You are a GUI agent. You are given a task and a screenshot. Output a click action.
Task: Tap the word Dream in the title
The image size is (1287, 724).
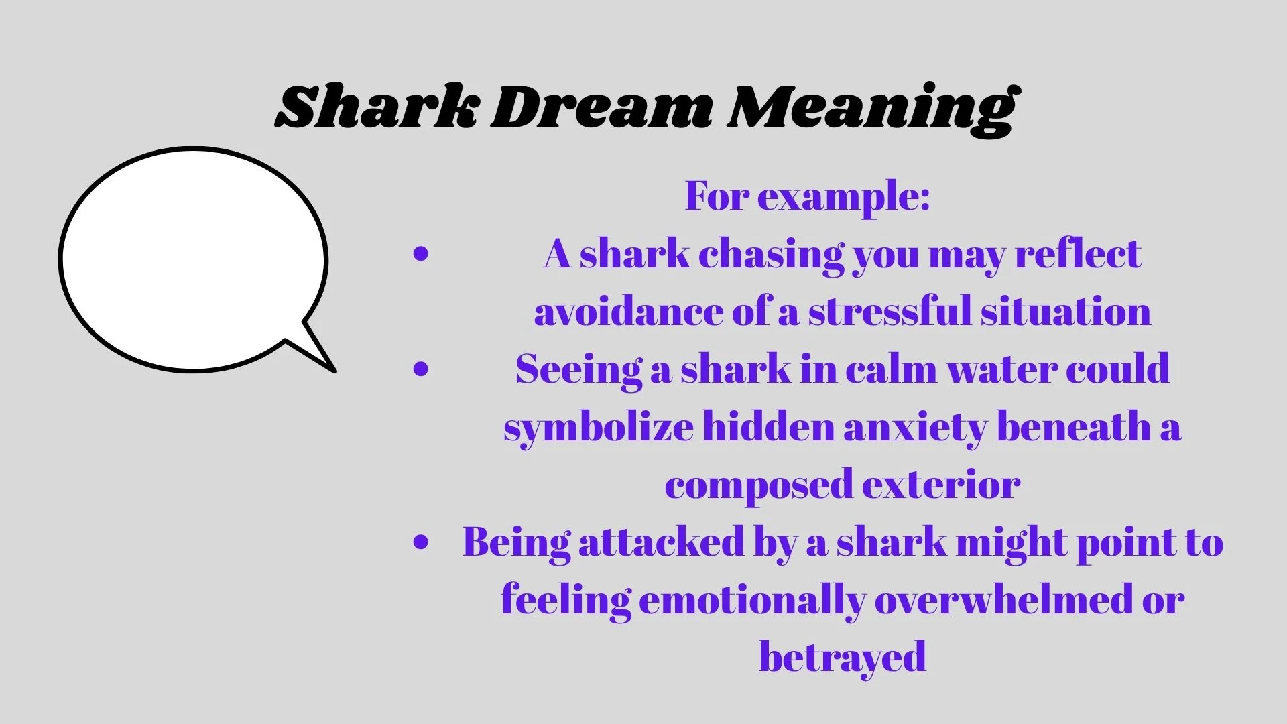coord(601,107)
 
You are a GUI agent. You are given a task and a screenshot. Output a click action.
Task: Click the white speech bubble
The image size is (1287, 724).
coord(193,258)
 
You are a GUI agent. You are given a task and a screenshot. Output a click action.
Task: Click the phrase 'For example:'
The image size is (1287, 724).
coord(807,196)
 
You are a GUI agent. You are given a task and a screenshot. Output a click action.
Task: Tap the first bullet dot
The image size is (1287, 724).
coord(421,253)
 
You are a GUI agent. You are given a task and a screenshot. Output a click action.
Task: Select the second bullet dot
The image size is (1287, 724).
coord(421,368)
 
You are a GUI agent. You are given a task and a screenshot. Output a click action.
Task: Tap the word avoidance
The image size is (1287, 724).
coord(627,312)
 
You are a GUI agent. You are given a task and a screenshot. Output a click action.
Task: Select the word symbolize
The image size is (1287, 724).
coord(599,428)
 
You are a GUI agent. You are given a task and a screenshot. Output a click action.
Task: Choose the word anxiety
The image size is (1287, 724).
coord(915,428)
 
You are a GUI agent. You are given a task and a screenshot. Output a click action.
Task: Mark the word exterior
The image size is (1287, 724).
coord(941,485)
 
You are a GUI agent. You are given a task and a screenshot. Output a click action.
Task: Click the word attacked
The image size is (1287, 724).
coord(662,542)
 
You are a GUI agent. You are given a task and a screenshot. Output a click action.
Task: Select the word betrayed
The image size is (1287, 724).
coord(843,657)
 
